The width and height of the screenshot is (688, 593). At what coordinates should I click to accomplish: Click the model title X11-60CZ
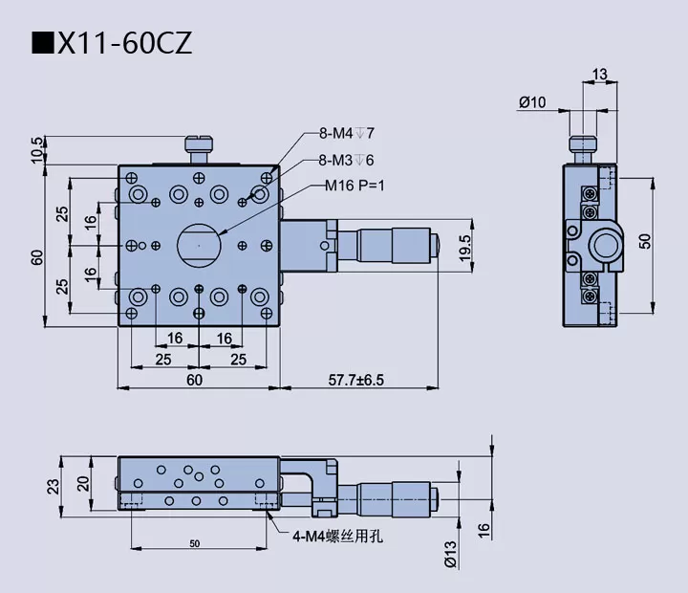click(124, 43)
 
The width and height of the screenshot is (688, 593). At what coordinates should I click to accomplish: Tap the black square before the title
click(44, 44)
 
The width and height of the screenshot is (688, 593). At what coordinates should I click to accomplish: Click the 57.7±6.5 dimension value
click(350, 380)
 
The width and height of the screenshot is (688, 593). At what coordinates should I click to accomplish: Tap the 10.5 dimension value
click(37, 150)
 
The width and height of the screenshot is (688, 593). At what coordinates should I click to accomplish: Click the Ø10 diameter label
click(531, 101)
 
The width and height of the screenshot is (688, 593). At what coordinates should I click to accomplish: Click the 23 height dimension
click(54, 485)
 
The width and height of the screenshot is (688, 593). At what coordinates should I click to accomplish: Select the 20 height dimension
click(83, 482)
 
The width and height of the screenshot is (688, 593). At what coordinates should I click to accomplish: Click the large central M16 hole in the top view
click(198, 245)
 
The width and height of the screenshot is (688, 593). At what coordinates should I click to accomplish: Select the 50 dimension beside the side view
click(645, 241)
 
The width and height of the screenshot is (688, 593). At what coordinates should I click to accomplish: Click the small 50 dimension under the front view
click(194, 543)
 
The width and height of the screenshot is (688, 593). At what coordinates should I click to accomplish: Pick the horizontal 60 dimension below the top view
click(194, 380)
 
